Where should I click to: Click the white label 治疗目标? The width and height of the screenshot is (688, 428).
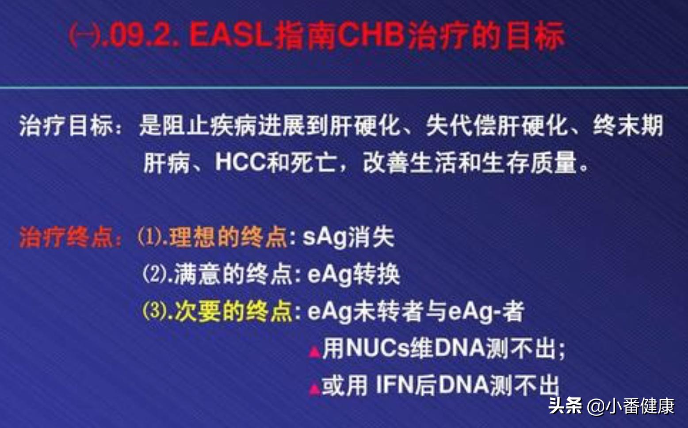pyautogui.click(x=66, y=126)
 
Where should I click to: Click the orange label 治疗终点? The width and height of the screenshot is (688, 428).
pyautogui.click(x=66, y=238)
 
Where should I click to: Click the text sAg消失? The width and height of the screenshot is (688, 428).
pyautogui.click(x=348, y=237)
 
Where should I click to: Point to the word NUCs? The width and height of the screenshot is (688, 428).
pyautogui.click(x=377, y=348)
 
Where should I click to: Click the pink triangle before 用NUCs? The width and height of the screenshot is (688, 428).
pyautogui.click(x=314, y=352)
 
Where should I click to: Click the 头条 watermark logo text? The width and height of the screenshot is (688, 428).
pyautogui.click(x=565, y=405)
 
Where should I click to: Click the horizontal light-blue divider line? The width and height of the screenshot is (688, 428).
pyautogui.click(x=344, y=87)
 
